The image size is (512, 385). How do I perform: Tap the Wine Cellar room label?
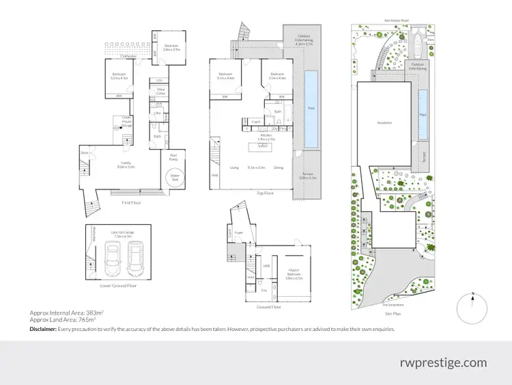click(x=161, y=90)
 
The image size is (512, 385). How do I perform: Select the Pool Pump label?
click(x=173, y=156)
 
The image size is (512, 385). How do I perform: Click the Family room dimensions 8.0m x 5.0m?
click(x=126, y=166)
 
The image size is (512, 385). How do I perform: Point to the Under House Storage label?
click(x=126, y=120)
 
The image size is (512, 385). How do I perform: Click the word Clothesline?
click(x=113, y=57)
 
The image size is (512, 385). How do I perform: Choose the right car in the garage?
click(x=134, y=258)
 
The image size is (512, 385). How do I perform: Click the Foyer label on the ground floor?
click(x=239, y=233)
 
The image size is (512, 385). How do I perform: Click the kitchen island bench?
click(x=261, y=147)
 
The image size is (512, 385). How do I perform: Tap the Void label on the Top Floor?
click(x=215, y=174)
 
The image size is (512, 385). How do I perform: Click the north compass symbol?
click(x=473, y=308)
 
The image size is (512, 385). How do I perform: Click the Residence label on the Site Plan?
click(x=384, y=123)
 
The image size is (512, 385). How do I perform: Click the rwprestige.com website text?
click(x=443, y=362)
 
